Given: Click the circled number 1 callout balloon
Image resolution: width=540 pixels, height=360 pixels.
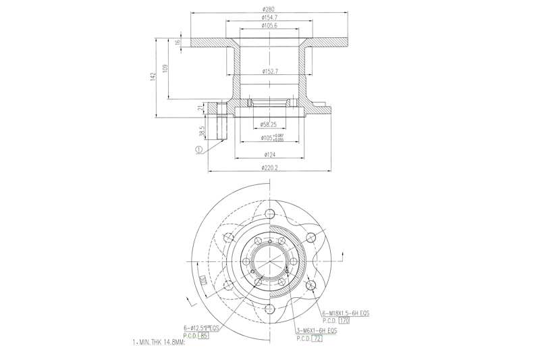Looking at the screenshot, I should pos(198,150).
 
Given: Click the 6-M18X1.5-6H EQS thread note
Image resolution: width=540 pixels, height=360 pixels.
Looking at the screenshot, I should pos(345,314).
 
